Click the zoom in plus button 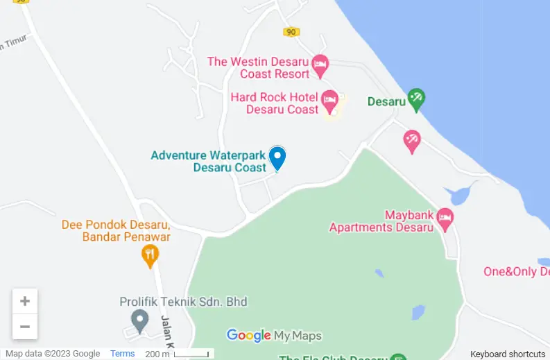coord(25,301)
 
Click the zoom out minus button coord(25,327)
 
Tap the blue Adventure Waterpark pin coord(277,157)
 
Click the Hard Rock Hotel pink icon coord(329,101)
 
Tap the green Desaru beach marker coord(416,99)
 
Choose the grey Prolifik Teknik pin coord(140,321)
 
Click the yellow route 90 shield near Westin coord(291,31)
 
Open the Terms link coord(123,354)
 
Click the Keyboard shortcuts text coord(508,354)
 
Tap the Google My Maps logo coord(274,336)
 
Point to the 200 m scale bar coord(191,354)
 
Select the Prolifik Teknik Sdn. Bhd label coord(183,302)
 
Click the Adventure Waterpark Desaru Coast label coord(208,162)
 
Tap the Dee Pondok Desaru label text coord(116,230)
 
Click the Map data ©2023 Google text coord(53,354)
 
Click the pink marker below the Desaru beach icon coord(412,141)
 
